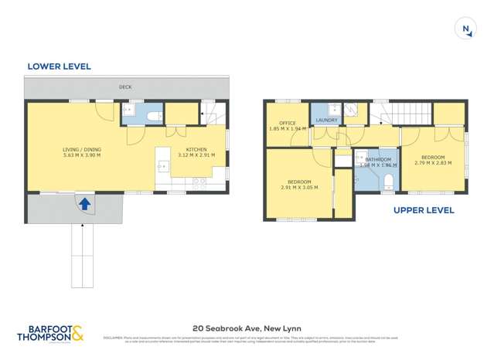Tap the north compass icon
pyautogui.click(x=466, y=29)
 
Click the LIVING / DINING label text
pyautogui.click(x=82, y=149)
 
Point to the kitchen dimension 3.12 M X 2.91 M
pyautogui.click(x=196, y=155)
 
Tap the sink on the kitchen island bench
pyautogui.click(x=163, y=165)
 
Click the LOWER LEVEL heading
pyautogui.click(x=59, y=66)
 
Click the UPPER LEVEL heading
pyautogui.click(x=423, y=210)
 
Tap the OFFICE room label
pyautogui.click(x=288, y=123)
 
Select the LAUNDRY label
pyautogui.click(x=326, y=121)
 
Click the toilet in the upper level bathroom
pyautogui.click(x=388, y=182)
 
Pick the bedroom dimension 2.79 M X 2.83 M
pyautogui.click(x=434, y=163)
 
